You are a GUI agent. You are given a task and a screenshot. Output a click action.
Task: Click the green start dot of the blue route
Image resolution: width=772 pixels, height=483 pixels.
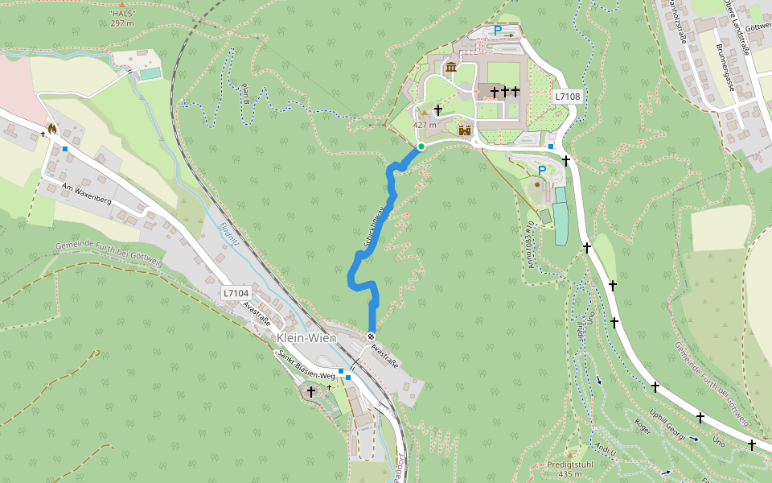click(x=421, y=147)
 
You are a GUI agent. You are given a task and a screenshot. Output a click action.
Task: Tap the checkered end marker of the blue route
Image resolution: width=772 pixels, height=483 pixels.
click(x=371, y=336)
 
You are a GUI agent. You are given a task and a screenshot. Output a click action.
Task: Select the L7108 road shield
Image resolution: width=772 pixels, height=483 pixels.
click(x=567, y=97)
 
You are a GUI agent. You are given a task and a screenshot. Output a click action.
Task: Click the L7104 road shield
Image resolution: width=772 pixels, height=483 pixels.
click(x=236, y=294)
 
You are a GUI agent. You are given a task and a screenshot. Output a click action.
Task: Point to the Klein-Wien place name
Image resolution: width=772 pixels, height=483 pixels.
click(x=306, y=338)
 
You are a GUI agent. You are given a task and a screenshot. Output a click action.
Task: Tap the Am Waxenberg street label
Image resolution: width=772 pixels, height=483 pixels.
click(x=86, y=193)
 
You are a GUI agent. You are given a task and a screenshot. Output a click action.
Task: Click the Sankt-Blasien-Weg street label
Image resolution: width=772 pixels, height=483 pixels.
click(x=306, y=365)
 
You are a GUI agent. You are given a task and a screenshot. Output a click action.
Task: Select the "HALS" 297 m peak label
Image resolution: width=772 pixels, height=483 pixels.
click(x=121, y=19)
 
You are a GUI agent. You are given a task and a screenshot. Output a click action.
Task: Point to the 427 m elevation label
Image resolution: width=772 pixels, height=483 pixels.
click(x=425, y=125)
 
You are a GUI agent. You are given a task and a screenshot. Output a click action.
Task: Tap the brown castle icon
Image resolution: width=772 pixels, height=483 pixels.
click(x=464, y=129)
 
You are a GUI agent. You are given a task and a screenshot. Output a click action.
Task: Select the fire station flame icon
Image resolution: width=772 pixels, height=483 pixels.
click(x=52, y=128)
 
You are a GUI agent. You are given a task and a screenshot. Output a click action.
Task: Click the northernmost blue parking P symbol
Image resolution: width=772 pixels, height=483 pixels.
click(x=498, y=31)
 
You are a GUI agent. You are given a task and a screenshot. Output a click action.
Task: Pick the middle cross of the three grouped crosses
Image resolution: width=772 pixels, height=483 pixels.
click(x=505, y=92)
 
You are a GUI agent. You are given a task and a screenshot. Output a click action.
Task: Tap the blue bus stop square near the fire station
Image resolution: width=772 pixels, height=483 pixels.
click(x=64, y=149)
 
